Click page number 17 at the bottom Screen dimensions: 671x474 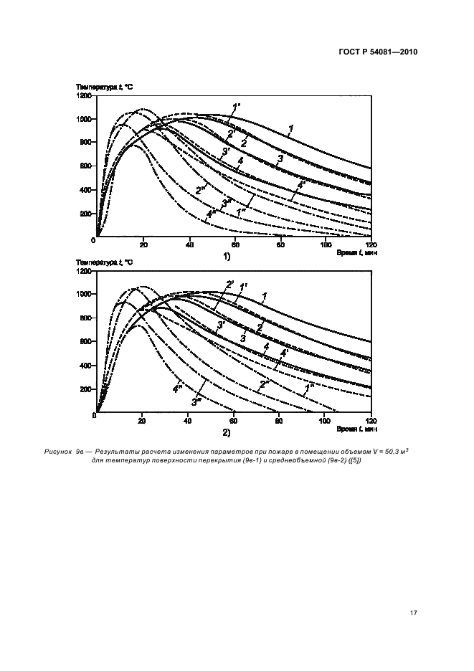tap(412, 614)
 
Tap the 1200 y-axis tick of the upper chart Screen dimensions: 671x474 tap(85, 95)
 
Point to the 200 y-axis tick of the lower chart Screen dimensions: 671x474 tap(87, 389)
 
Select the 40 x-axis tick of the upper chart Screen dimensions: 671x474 tap(189, 244)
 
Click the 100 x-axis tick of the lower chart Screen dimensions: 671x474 tap(326, 421)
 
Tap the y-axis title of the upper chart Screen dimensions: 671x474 tap(104, 87)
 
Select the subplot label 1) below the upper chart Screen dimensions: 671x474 tap(226, 255)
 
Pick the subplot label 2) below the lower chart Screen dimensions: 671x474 tap(226, 433)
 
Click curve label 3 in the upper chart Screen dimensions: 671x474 tap(280, 158)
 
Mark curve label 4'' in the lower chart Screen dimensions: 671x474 tap(176, 389)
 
